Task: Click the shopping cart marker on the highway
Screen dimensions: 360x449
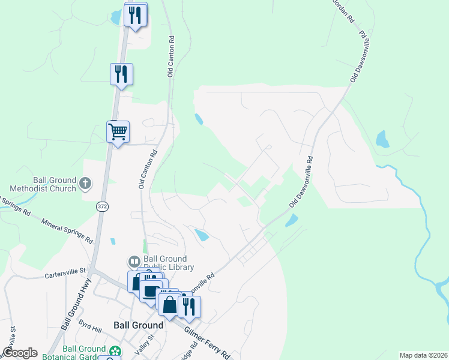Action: (x=118, y=131)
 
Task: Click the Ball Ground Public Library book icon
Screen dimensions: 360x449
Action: (x=133, y=262)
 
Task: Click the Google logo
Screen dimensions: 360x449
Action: (x=20, y=353)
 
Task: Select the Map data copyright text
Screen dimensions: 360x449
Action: (x=423, y=355)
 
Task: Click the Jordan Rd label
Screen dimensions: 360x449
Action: (x=344, y=11)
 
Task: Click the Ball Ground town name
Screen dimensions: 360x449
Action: (x=138, y=325)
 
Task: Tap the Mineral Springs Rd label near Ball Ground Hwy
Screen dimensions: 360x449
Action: (x=67, y=230)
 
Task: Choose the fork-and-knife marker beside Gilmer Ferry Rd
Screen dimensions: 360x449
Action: (x=189, y=307)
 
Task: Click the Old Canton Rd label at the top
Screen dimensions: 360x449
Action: (x=171, y=55)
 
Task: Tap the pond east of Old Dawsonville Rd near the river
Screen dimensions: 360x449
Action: (x=382, y=140)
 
